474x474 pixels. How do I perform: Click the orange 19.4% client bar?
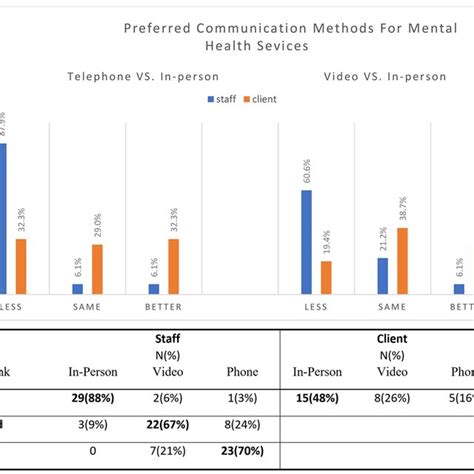(x=326, y=277)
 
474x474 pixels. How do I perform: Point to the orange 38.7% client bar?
(x=402, y=260)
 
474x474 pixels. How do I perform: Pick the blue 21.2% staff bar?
(x=383, y=275)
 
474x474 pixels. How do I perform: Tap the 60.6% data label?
(x=306, y=175)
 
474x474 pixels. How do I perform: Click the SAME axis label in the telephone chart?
(x=88, y=307)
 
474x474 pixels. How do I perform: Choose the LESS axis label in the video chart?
(x=316, y=307)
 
